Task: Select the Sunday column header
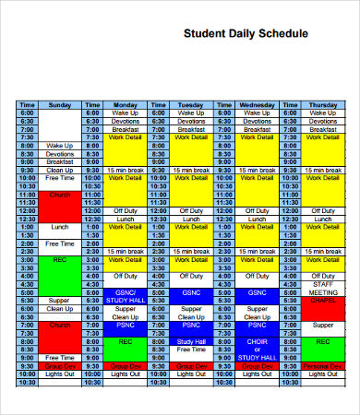point(59,105)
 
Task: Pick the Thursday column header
point(322,105)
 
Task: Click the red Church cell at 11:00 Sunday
point(59,196)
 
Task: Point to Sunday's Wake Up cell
point(59,146)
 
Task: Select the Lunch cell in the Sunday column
point(59,226)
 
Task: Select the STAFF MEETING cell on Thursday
point(322,289)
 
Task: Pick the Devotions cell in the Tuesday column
point(192,121)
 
